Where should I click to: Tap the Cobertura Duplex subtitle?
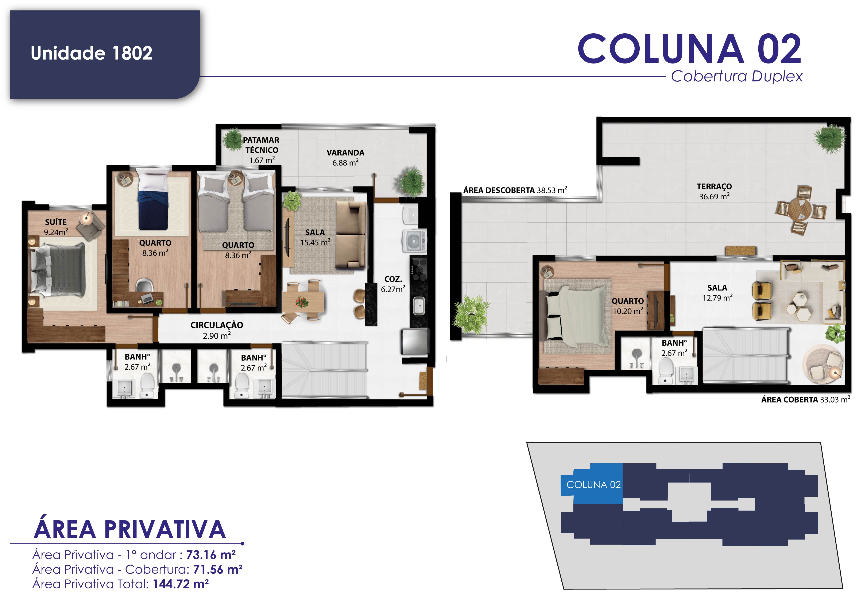736,77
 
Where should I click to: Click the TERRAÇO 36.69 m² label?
714,192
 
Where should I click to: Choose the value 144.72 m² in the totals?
181,584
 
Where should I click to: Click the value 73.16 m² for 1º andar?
210,555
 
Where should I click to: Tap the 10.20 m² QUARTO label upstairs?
628,306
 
